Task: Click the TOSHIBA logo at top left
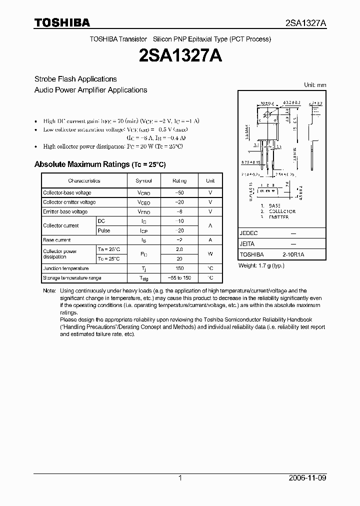coord(62,22)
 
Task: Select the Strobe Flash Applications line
coord(75,79)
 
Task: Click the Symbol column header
coord(144,181)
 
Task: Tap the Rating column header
coord(179,181)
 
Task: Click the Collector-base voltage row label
coord(67,192)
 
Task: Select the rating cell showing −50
coord(179,192)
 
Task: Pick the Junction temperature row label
coord(65,268)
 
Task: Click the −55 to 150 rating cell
coord(179,278)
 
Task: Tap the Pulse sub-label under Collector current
coord(104,230)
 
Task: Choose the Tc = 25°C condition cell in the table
coord(108,259)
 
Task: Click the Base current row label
coord(56,240)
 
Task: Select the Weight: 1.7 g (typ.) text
coord(261,265)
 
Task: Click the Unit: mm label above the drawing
coord(315,85)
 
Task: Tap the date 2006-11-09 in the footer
coord(308,478)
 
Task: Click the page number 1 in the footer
coord(180,478)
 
